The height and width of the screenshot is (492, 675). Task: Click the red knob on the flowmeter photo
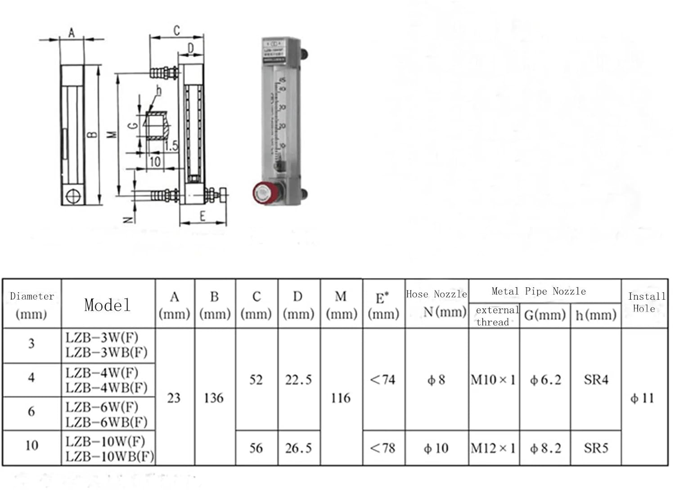coord(261,193)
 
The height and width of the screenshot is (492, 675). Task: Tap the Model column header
coord(107,305)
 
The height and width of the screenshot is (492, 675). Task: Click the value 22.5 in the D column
coord(298,380)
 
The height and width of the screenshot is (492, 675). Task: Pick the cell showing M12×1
coord(493,448)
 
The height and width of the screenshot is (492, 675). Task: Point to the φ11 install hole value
coord(642,398)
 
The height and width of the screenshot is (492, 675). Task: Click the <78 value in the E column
coord(382,448)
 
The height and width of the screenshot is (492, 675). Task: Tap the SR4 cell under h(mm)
coord(596,380)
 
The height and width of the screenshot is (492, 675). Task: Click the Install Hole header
coord(646,302)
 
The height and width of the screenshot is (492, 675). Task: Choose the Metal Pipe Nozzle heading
coord(539,291)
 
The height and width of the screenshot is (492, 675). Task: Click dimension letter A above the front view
coord(71,32)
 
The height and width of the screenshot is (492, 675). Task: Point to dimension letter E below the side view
coord(202,217)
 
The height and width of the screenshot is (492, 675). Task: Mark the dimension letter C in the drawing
coord(176,31)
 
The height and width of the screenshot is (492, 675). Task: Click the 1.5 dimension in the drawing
coord(171,146)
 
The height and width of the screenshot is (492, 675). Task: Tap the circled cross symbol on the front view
coord(72,197)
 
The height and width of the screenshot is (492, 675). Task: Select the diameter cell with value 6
coord(31,411)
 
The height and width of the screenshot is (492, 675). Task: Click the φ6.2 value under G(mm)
coord(545,380)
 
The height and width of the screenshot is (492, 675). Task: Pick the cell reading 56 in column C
coord(256,448)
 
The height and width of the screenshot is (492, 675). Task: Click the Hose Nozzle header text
coord(436,294)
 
